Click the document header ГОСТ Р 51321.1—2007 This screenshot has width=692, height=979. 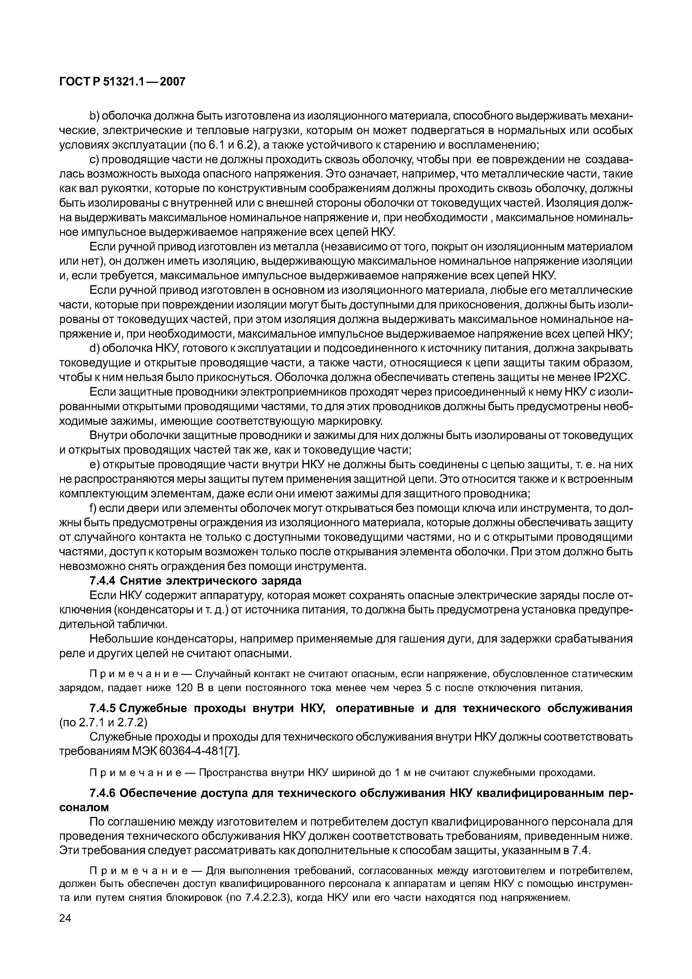122,82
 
